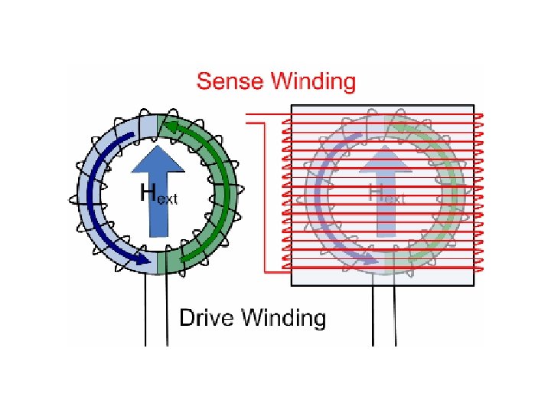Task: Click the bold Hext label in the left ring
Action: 158,193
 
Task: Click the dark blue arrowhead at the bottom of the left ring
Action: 141,259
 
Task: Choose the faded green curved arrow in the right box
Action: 447,192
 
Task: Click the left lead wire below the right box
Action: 373,314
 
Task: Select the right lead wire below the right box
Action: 394,314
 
